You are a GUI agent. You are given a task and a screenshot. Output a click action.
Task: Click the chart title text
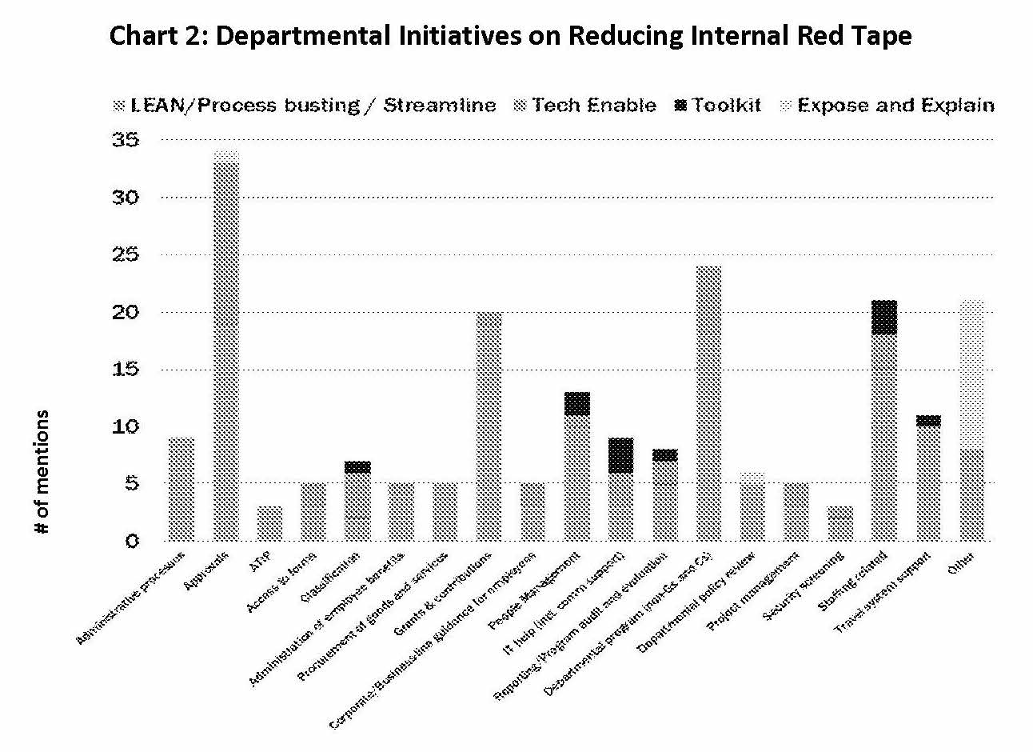click(x=510, y=36)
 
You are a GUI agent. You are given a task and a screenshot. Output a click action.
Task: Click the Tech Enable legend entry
click(x=585, y=106)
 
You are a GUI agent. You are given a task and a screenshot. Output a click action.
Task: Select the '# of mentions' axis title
click(x=42, y=472)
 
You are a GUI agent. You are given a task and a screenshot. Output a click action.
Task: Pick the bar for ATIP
click(x=269, y=523)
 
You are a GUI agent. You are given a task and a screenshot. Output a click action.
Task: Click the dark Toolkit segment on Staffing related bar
click(x=883, y=317)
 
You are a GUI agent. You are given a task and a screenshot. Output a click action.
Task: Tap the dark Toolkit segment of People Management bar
click(x=576, y=403)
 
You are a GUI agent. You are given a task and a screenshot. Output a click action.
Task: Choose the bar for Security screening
click(x=840, y=523)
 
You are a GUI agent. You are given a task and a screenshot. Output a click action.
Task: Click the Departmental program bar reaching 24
click(x=708, y=403)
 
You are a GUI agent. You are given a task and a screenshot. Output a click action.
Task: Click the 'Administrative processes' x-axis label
click(x=132, y=596)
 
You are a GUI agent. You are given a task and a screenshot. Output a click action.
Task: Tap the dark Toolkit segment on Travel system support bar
click(x=927, y=421)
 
